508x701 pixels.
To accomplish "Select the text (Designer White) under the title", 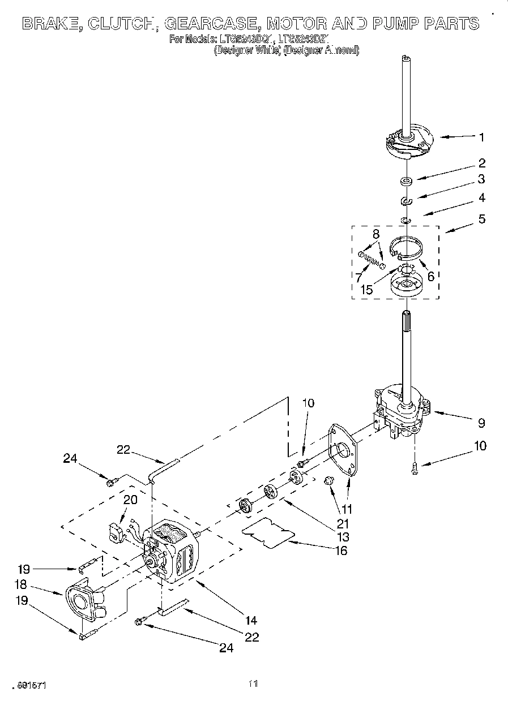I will pos(247,50).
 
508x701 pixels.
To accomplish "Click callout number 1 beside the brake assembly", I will pos(481,136).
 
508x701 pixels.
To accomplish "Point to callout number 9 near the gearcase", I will pos(481,423).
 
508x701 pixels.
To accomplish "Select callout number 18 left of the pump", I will pos(21,585).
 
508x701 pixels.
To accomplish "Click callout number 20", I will pos(130,500).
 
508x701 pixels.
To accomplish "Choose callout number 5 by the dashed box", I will pos(481,219).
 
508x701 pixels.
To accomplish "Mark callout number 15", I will pos(366,290).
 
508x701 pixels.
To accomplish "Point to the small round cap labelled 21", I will pos(327,481).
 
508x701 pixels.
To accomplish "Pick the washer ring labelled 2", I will pos(405,182).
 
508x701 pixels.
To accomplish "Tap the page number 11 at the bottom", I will pos(253,684).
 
